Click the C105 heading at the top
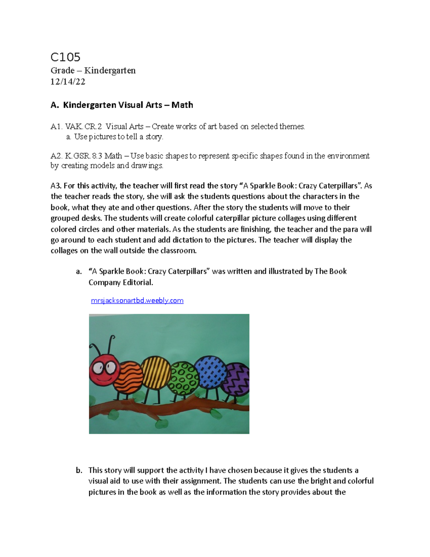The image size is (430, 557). click(x=66, y=57)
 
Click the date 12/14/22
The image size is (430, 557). click(x=68, y=82)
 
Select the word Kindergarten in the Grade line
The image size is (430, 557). click(x=110, y=70)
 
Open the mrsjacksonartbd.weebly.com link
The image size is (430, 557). click(x=137, y=301)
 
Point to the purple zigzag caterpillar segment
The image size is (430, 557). click(x=235, y=379)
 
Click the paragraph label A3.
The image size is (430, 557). click(x=56, y=186)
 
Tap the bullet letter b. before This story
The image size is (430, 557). click(x=79, y=470)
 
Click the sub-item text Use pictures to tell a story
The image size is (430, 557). click(x=118, y=137)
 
